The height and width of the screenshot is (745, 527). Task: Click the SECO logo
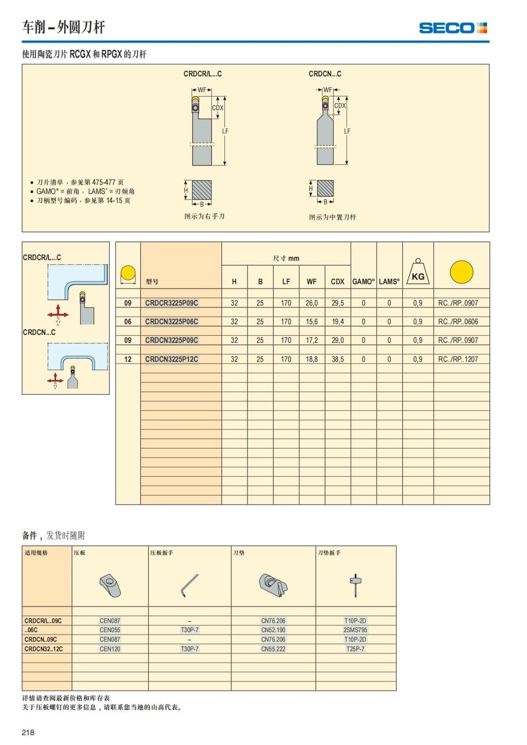click(x=453, y=28)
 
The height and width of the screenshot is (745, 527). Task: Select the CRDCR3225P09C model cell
click(x=172, y=303)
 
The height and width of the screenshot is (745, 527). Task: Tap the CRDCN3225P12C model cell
click(x=172, y=359)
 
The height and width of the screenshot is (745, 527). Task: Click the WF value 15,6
click(x=312, y=322)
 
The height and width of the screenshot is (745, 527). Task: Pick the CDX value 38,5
click(x=338, y=359)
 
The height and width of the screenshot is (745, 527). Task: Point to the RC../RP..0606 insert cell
click(x=458, y=322)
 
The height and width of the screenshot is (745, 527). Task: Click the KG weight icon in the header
click(x=418, y=272)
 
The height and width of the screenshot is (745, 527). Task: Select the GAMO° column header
click(x=363, y=282)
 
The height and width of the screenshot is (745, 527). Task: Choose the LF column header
click(x=286, y=282)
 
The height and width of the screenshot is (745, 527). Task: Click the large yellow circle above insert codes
click(x=461, y=272)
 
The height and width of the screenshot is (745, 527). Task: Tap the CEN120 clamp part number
click(x=110, y=649)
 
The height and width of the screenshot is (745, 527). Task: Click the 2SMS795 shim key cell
click(x=355, y=630)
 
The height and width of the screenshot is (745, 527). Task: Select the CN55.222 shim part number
click(x=273, y=649)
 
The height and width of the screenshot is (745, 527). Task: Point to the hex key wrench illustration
click(x=190, y=586)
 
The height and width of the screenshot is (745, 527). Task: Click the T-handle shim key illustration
click(x=355, y=585)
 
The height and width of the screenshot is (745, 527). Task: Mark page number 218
click(x=28, y=732)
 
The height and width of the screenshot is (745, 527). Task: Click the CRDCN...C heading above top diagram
click(x=325, y=74)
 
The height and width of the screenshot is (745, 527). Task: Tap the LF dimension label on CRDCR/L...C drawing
click(x=225, y=131)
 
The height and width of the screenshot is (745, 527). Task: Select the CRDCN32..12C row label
click(x=43, y=649)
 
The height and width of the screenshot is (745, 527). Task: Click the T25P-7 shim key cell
click(x=355, y=649)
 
